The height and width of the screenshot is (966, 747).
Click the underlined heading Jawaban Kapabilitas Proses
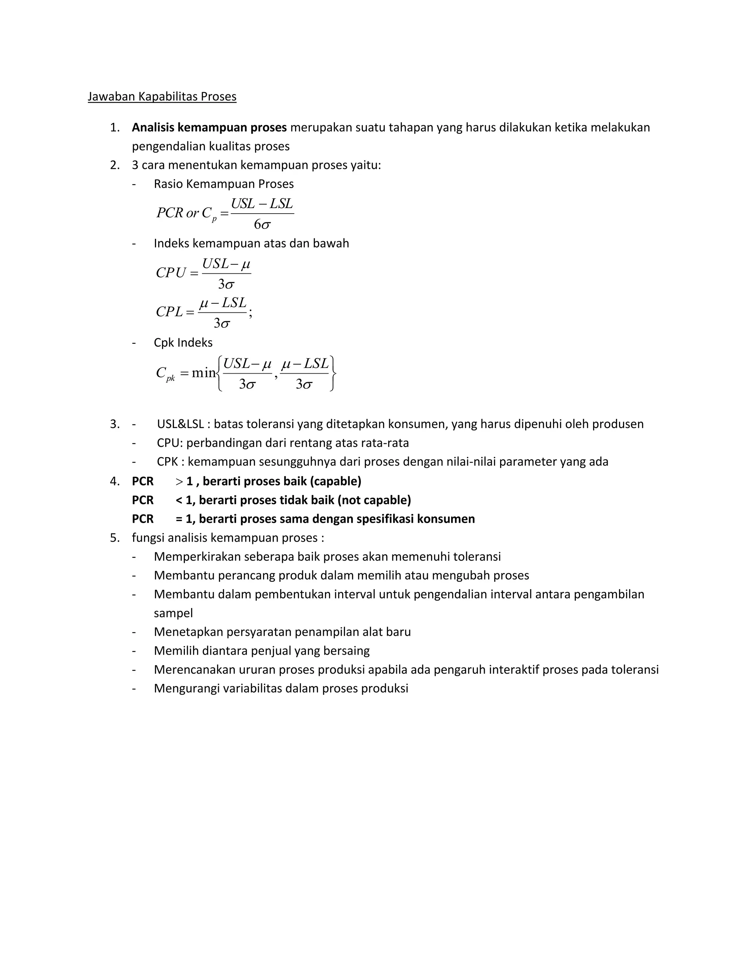tap(162, 97)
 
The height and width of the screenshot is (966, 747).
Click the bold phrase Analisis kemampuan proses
tap(209, 127)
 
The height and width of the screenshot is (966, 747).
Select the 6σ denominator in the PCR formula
tap(262, 225)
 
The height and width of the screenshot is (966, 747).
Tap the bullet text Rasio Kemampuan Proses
tap(224, 184)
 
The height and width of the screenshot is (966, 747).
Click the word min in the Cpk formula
tap(204, 373)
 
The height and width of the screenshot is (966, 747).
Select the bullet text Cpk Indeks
tap(183, 343)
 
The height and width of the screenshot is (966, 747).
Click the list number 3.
tap(114, 424)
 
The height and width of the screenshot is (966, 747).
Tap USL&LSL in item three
tap(180, 424)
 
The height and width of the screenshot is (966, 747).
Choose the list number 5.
tap(114, 538)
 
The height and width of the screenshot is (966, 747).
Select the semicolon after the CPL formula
tap(251, 313)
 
